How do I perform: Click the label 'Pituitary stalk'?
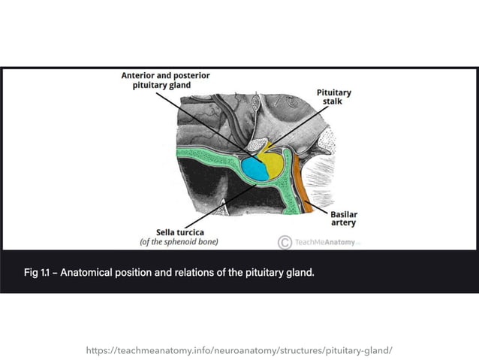tap(334, 96)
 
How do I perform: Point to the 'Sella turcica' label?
tap(179, 232)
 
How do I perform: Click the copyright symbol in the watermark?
tap(285, 242)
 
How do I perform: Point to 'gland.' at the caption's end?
tap(298, 271)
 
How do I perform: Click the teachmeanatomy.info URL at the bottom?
tap(239, 350)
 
